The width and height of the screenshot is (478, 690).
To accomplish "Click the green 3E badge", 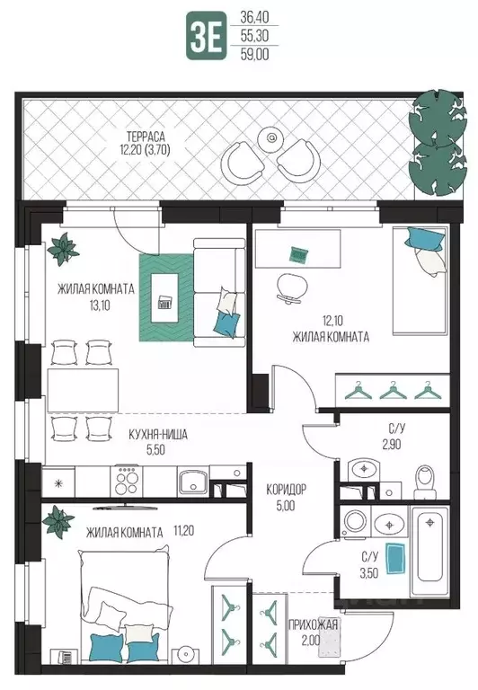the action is click(207, 37).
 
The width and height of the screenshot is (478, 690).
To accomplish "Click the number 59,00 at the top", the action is click(254, 54).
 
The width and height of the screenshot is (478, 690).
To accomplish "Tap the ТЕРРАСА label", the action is click(146, 136).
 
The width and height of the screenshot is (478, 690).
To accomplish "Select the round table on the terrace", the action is click(271, 138).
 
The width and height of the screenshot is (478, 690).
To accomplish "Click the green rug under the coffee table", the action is click(166, 297).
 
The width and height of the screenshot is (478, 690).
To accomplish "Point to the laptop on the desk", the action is click(299, 254).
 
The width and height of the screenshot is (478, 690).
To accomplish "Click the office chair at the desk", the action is click(291, 288).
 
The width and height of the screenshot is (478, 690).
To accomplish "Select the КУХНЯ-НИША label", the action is click(158, 434).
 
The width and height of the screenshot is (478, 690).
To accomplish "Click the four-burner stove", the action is click(127, 481).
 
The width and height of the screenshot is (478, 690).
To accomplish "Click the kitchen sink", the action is click(193, 482).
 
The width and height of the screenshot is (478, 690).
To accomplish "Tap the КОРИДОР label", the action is click(286, 489).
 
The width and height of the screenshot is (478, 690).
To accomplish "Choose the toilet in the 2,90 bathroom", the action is click(425, 481).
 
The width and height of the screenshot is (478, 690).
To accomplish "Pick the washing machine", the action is click(356, 521).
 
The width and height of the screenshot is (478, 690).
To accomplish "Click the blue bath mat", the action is click(395, 559).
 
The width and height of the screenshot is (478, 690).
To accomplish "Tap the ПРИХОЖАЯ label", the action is click(313, 624).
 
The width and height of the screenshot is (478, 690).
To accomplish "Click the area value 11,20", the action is click(184, 531).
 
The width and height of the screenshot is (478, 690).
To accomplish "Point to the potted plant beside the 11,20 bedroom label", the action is click(58, 522).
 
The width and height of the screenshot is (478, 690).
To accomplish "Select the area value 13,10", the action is click(100, 305).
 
